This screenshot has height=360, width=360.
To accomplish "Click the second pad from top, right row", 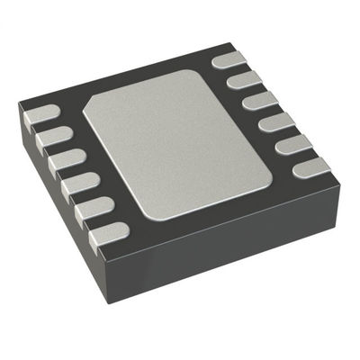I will (243, 82).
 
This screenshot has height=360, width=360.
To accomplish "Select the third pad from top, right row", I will (258, 100).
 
